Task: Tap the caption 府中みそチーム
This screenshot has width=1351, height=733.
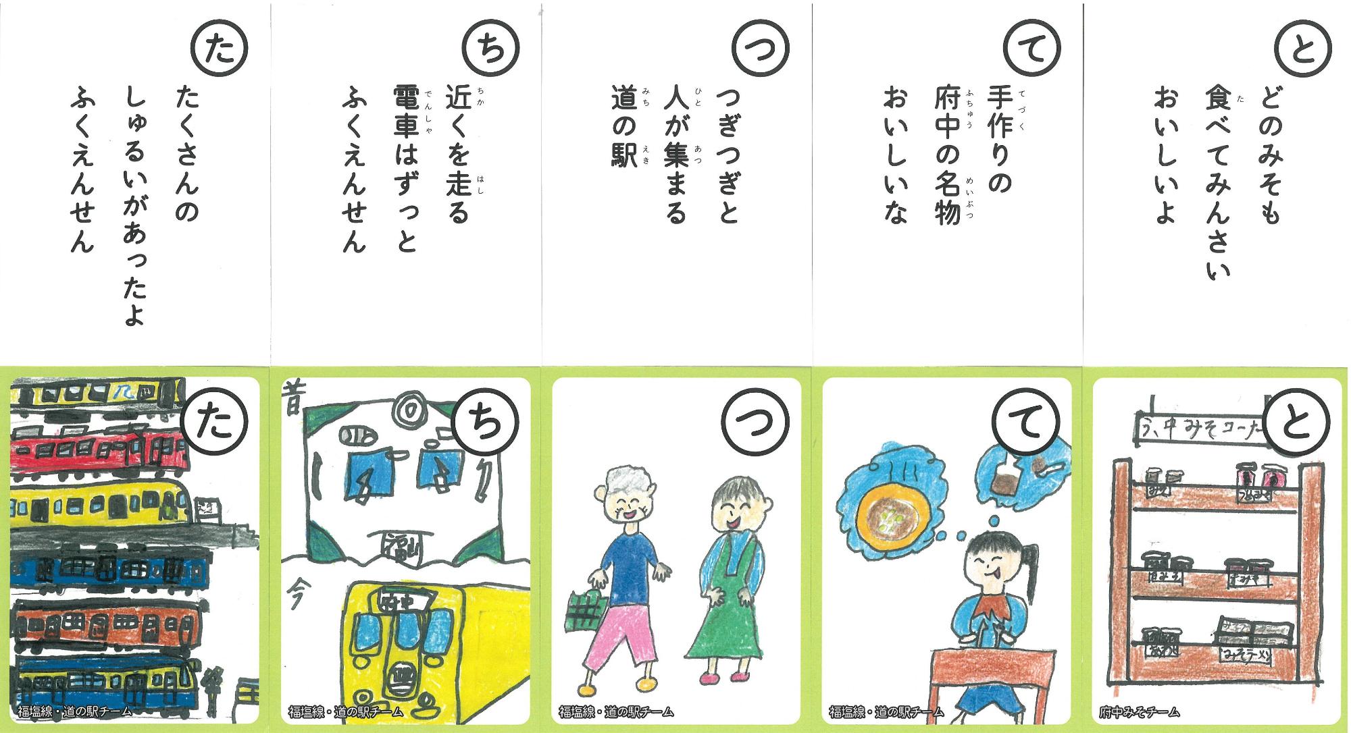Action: (x=1140, y=711)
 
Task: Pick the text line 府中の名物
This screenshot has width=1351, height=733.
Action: (x=946, y=157)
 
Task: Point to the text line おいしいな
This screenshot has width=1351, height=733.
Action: (x=893, y=156)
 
